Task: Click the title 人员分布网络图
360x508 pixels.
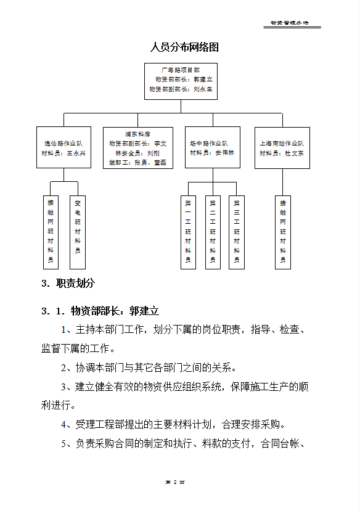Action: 184,47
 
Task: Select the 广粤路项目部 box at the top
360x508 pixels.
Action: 180,80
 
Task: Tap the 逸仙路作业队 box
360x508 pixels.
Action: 64,147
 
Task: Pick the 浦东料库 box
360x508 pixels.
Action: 138,147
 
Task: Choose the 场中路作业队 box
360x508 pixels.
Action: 213,147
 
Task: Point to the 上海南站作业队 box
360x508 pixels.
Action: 282,147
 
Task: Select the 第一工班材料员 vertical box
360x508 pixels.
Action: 188,232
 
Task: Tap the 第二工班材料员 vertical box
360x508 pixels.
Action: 213,232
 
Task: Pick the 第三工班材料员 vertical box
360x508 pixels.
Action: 237,232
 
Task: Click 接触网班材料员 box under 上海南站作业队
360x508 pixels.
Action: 283,232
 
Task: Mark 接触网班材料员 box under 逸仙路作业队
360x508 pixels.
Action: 51,232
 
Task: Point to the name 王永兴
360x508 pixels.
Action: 76,153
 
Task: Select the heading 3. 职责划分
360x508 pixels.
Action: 68,284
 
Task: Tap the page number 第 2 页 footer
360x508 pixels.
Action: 175,481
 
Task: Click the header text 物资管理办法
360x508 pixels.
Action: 289,23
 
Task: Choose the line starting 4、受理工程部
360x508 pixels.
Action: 173,424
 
